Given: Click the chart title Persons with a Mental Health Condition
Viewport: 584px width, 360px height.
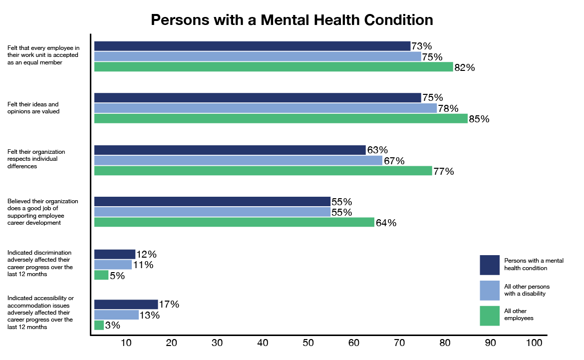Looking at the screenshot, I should coord(292,20).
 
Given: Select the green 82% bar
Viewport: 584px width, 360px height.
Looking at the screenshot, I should coord(274,67).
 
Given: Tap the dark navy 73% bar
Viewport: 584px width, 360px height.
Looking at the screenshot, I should coord(252,46).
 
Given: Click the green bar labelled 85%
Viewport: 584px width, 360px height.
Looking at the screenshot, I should coord(281,118).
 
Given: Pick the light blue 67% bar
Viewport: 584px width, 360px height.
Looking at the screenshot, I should coord(238,160).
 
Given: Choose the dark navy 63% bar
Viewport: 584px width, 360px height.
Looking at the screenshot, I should coord(230,150).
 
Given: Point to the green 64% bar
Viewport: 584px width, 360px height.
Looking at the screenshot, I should coord(234,222).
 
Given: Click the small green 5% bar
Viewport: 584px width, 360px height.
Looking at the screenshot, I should coord(101,275).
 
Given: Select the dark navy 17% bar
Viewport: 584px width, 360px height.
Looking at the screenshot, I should coord(126,304).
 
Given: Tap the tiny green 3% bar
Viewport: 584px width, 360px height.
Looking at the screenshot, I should coord(99,325).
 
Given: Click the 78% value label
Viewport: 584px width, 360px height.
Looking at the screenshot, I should coord(448,108).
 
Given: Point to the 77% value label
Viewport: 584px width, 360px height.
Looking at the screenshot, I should coord(443,171).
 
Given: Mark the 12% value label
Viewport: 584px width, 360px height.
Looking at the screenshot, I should coord(146,254).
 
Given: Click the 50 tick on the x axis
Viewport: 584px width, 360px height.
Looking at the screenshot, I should coord(308,343).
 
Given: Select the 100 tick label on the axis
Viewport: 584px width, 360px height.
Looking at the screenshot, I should coord(534,343).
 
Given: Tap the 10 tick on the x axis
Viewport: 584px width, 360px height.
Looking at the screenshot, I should coord(126,343).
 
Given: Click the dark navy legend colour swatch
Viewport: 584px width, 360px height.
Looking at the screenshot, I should coord(490,265).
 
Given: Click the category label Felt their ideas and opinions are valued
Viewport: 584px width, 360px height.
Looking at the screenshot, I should coord(33,108).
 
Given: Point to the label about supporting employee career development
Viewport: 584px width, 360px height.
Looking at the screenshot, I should coord(43,212).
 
